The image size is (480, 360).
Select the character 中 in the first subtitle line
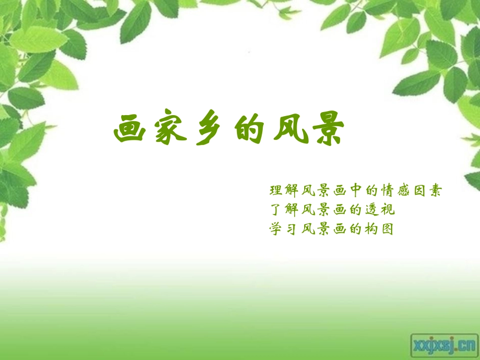click(356, 191)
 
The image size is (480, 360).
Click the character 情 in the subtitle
click(388, 191)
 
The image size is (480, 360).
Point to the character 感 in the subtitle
click(404, 191)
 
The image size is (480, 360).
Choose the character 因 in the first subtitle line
click(420, 191)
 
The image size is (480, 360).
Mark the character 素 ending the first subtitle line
click(436, 191)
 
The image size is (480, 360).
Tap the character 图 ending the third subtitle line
click(388, 229)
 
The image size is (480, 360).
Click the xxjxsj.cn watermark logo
click(444, 345)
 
